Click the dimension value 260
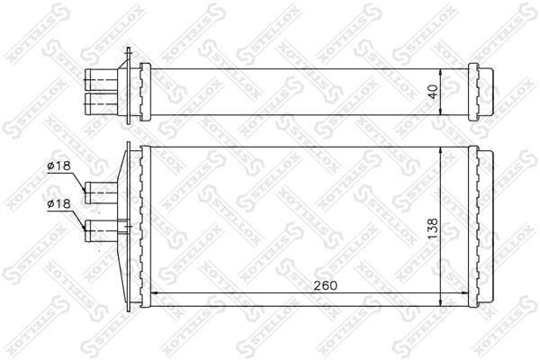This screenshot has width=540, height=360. (325, 285)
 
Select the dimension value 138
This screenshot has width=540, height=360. (433, 229)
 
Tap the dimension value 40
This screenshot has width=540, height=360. (434, 91)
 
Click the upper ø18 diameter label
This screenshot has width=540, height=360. (58, 166)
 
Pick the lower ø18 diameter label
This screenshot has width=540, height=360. (58, 204)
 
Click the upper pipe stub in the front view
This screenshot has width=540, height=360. (102, 193)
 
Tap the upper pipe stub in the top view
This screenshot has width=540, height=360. (102, 80)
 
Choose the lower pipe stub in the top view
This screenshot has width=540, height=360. (102, 103)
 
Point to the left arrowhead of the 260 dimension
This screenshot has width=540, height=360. (155, 293)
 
